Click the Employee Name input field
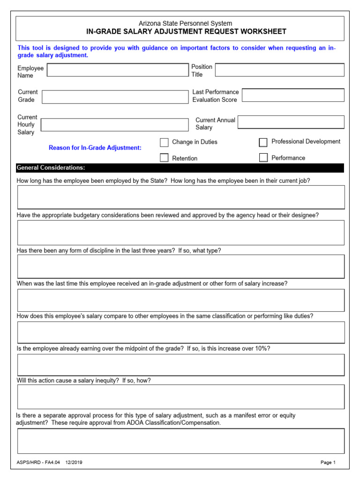click(117, 70)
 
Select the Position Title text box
click(279, 70)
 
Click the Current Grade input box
click(115, 97)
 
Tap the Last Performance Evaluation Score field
click(293, 95)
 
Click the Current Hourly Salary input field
click(114, 125)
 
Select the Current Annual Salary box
click(291, 122)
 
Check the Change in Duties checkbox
click(164, 142)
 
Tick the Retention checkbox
click(164, 158)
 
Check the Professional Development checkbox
click(263, 142)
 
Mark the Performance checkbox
click(263, 158)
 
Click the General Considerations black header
click(180, 168)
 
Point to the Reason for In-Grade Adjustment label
click(95, 148)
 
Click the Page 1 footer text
click(328, 463)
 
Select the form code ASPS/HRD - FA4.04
click(38, 463)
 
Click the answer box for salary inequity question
click(180, 397)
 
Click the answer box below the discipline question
click(180, 267)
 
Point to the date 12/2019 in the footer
click(74, 463)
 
